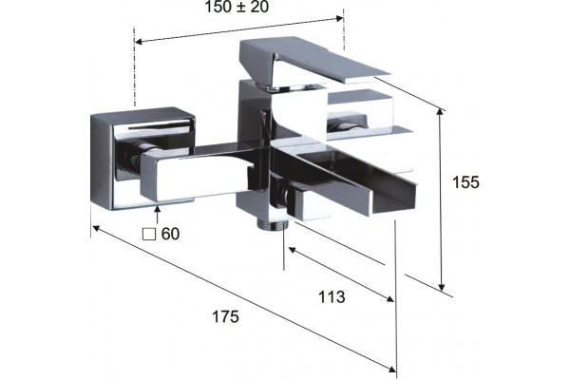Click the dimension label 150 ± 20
click(237, 7)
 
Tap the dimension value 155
click(465, 181)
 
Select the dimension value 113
click(332, 296)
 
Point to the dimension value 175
click(225, 316)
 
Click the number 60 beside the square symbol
click(170, 234)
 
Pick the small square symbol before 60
click(149, 235)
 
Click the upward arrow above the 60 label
click(157, 215)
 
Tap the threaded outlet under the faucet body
click(272, 224)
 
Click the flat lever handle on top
click(313, 60)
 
